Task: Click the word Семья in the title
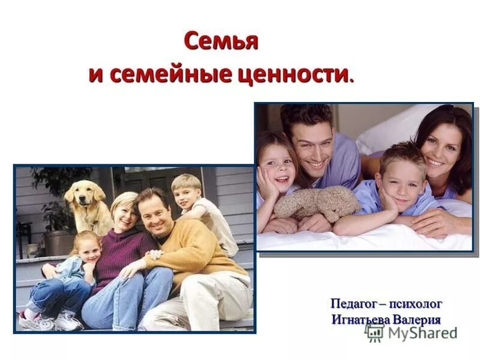coord(221,42)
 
